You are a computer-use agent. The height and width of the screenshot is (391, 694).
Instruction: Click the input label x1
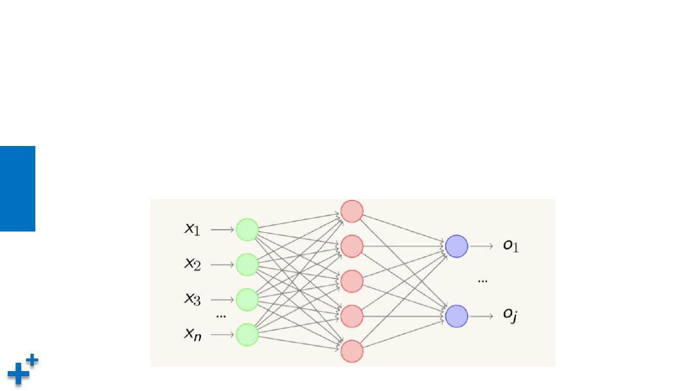[192, 229]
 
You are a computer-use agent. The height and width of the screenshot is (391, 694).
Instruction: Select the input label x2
[193, 264]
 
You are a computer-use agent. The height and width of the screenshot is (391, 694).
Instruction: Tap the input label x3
[193, 299]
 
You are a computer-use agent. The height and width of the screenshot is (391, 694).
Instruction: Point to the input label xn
[193, 334]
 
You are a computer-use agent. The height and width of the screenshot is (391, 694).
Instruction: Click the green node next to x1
[247, 230]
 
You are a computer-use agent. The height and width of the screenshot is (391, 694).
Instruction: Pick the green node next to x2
[247, 264]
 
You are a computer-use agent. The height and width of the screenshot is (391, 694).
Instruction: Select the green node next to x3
[247, 299]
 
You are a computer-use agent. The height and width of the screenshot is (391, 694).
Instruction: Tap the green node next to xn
[247, 334]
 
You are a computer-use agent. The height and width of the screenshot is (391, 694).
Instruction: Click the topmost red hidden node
[352, 211]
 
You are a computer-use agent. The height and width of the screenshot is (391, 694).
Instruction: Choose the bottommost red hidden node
[352, 351]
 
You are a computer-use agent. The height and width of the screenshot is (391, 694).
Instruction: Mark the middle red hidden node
[352, 281]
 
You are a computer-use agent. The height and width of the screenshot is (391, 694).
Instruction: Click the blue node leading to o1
[456, 246]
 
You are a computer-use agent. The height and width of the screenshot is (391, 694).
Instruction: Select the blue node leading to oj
[456, 316]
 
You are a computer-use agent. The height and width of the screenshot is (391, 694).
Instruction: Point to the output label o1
[511, 246]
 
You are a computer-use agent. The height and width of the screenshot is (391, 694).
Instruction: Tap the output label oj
[510, 315]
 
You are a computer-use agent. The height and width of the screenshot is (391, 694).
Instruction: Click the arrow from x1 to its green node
[222, 230]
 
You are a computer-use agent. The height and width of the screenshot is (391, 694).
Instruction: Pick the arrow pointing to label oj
[481, 316]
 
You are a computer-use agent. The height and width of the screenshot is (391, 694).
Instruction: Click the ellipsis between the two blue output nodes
[483, 281]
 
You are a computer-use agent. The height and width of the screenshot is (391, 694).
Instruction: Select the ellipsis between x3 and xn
[221, 316]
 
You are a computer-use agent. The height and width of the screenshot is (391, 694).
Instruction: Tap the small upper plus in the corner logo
[32, 359]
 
